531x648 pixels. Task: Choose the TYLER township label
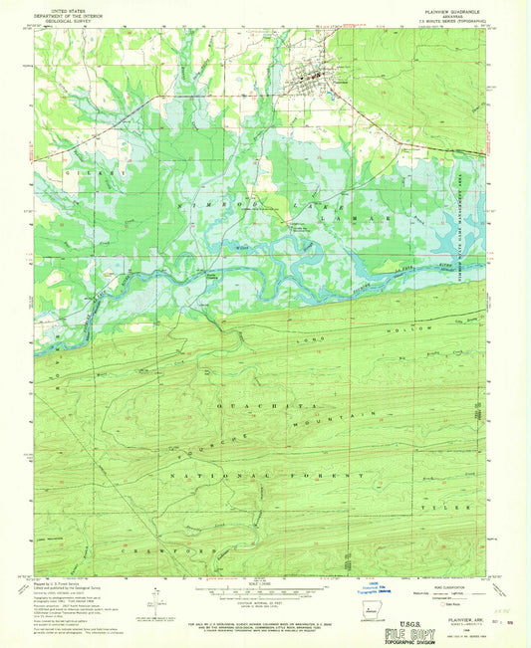pos(454,508)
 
